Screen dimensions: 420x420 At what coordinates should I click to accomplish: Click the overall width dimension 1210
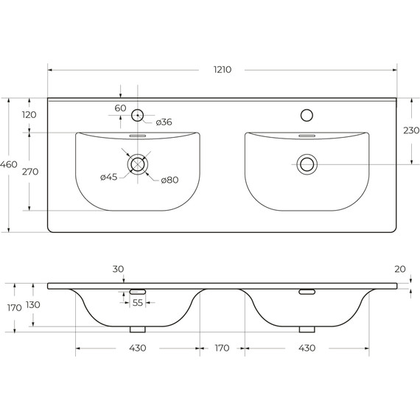coord(223,70)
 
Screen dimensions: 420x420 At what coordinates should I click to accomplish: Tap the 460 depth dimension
coord(9,164)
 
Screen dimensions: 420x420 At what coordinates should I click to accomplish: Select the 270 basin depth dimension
coord(30,172)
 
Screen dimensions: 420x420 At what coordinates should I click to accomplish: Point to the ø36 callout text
coord(164,122)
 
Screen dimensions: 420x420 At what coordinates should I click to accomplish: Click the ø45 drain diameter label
coord(109,177)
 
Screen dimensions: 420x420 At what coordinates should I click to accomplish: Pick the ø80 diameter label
coord(169,180)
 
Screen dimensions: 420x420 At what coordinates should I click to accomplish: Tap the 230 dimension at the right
coord(411,130)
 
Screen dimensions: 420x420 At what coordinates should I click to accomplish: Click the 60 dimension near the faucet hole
coord(120,108)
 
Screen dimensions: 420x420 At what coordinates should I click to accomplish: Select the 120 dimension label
coord(29,115)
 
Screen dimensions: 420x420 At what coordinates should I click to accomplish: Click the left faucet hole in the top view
coord(137,115)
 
